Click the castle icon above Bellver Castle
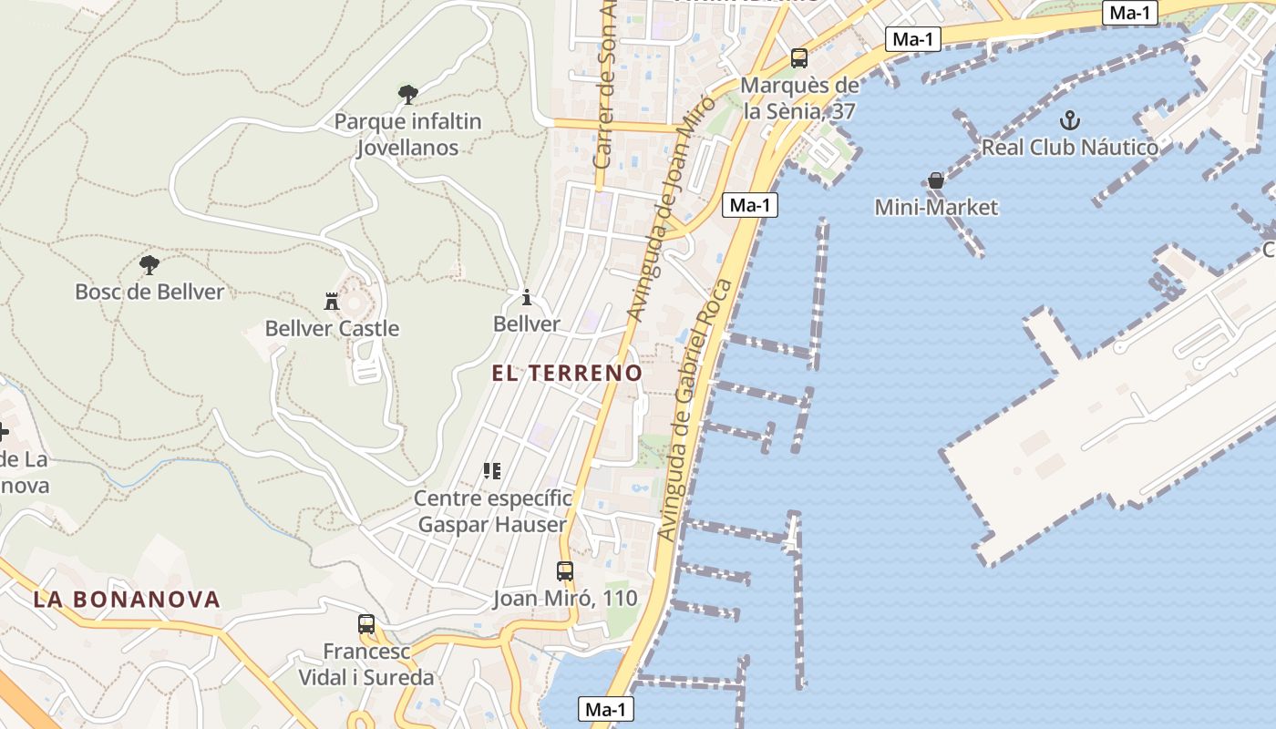coord(332,301)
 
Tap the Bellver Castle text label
coord(332,328)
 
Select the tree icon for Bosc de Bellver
coord(149,265)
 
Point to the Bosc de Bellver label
coord(149,292)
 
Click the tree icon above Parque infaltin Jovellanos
coord(407,93)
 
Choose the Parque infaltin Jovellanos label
coord(407,134)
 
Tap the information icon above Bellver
coord(526,297)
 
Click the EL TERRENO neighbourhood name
coord(567,373)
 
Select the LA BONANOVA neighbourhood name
coord(127,599)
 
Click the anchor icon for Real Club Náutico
coord(1069,119)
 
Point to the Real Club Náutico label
coord(1069,147)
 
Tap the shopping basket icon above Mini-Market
coord(936,180)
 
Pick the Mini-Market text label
coord(936,207)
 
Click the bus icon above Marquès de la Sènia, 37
coord(799,58)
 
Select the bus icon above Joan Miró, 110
coord(565,571)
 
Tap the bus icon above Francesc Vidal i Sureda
coord(366,624)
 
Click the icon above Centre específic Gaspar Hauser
coord(492,471)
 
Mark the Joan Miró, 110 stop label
coord(565,599)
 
